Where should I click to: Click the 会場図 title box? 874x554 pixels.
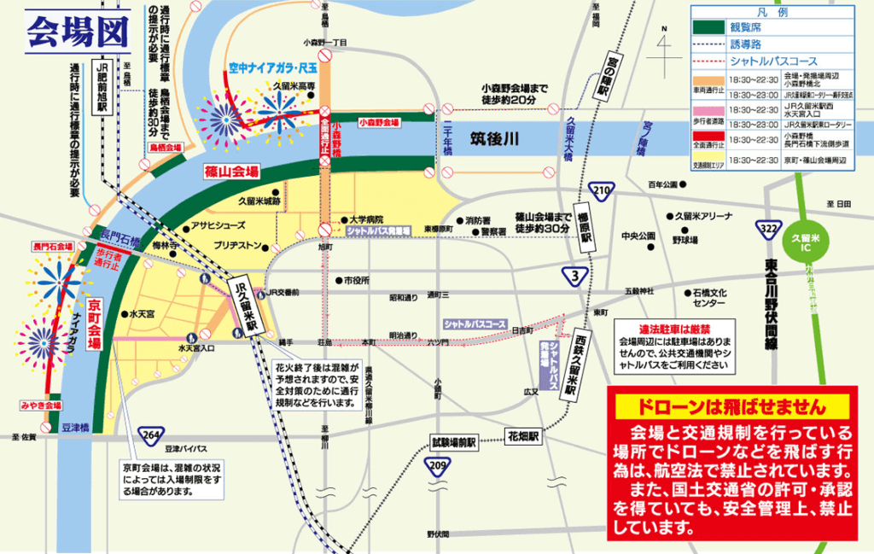(78, 32)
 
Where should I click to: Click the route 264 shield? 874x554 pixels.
(153, 434)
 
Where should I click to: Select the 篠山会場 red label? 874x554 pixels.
(231, 172)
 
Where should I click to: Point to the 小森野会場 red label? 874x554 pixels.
(379, 123)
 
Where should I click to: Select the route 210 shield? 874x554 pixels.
(603, 190)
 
